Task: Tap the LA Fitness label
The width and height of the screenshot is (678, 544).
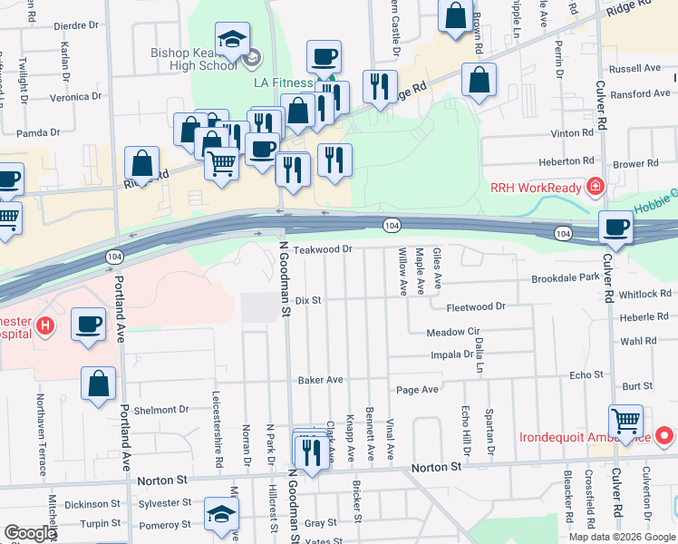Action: click(x=282, y=83)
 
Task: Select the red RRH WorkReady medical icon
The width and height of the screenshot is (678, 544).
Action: click(x=595, y=188)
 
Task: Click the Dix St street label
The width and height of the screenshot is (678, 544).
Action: click(x=309, y=299)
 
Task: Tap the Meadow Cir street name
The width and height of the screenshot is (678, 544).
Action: click(x=451, y=333)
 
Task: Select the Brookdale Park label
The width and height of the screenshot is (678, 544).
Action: click(x=566, y=278)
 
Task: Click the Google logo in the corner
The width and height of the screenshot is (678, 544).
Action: click(x=30, y=533)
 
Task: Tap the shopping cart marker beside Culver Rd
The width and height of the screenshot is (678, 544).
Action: click(x=625, y=421)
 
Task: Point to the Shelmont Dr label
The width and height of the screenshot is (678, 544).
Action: click(x=161, y=410)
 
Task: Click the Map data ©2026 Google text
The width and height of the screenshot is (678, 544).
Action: click(x=621, y=537)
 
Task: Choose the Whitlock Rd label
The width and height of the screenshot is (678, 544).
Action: click(x=645, y=294)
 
